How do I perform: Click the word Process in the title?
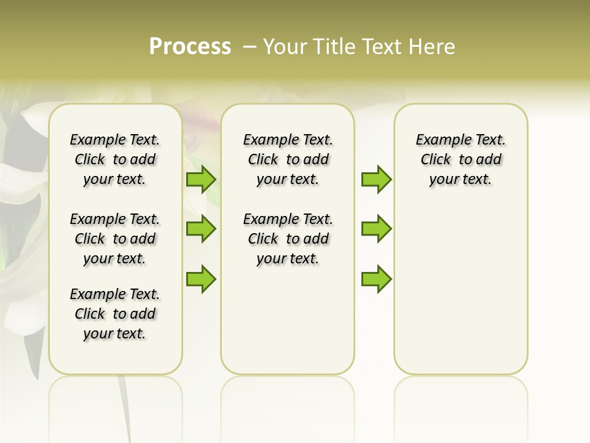[190, 47]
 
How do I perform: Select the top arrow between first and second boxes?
[201, 180]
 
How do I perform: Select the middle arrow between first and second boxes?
[201, 229]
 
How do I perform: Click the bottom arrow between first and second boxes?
[201, 278]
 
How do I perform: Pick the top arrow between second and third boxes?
[376, 180]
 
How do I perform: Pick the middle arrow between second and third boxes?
[376, 229]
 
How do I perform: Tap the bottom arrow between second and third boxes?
[376, 279]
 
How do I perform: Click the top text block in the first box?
[115, 159]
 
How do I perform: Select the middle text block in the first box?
[115, 239]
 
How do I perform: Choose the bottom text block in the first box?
[115, 314]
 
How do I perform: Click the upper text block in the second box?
[288, 159]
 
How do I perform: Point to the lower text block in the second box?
[288, 239]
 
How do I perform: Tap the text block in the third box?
[460, 159]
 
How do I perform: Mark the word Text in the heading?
[383, 47]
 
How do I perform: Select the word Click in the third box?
[436, 160]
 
